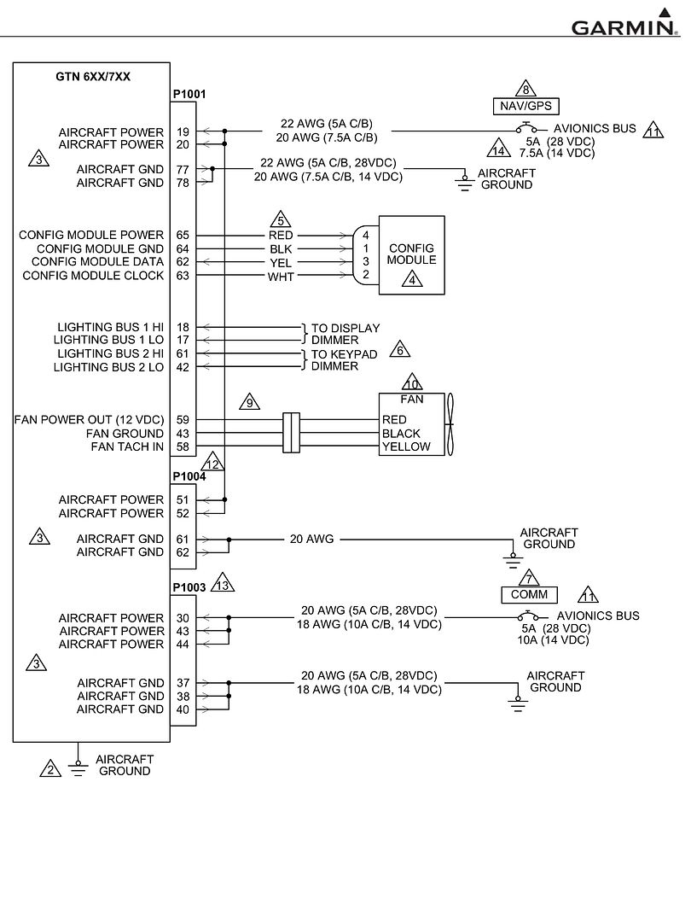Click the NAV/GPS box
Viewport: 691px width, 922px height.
pyautogui.click(x=526, y=106)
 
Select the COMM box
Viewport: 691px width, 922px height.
pyautogui.click(x=529, y=594)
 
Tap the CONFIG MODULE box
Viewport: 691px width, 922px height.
pyautogui.click(x=411, y=255)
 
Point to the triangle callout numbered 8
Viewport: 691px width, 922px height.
pyautogui.click(x=526, y=88)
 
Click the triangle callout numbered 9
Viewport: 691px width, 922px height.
pyautogui.click(x=249, y=402)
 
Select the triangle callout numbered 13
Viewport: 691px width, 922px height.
pyautogui.click(x=223, y=585)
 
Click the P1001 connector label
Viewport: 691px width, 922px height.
pyautogui.click(x=189, y=95)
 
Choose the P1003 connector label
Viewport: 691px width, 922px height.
pyautogui.click(x=189, y=587)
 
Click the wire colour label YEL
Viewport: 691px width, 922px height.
pyautogui.click(x=281, y=263)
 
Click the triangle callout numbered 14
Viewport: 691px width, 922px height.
pyautogui.click(x=499, y=149)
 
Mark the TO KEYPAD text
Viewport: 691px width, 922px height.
pyautogui.click(x=345, y=354)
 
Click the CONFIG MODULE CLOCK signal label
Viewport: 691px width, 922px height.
pyautogui.click(x=93, y=276)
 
